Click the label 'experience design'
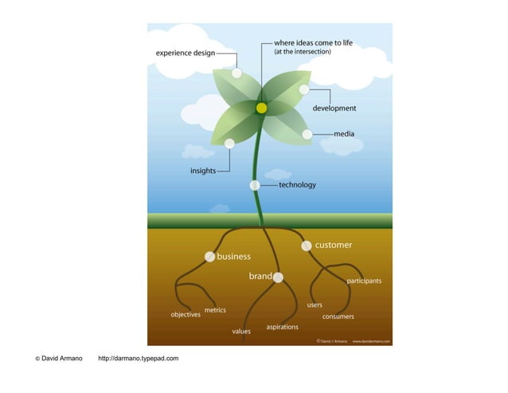tap(185, 53)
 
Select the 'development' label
tap(334, 108)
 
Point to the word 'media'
tap(344, 134)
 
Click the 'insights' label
tap(202, 171)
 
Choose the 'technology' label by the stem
tap(297, 185)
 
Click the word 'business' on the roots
tap(234, 257)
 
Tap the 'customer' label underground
tap(334, 245)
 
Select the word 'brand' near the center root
tap(260, 277)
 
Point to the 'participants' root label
tap(364, 281)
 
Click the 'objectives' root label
tap(186, 315)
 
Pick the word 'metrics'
tap(215, 309)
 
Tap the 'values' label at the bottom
tap(241, 331)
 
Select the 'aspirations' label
tap(283, 327)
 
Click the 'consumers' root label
tap(338, 316)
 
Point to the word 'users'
tap(315, 305)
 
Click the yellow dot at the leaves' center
tap(261, 108)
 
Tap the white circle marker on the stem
tap(255, 185)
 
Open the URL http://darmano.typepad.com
tap(138, 359)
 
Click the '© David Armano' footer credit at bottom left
tap(59, 359)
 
